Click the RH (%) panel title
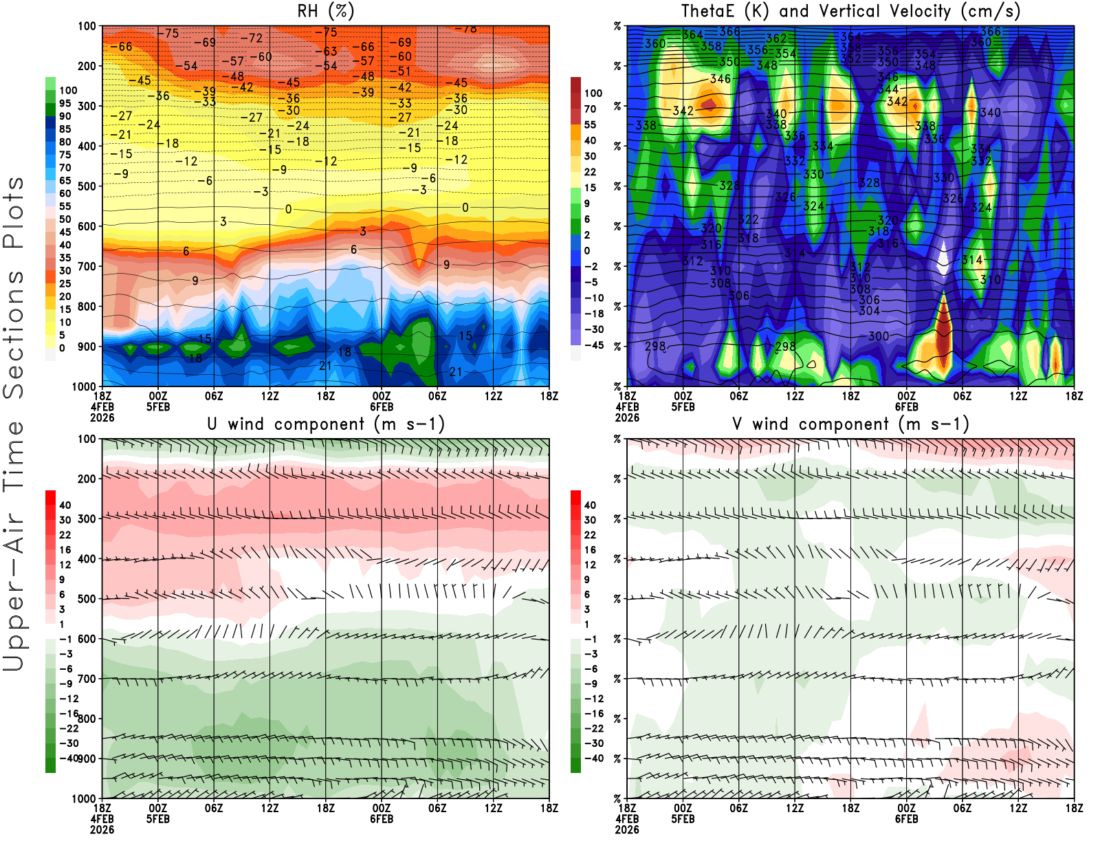click(325, 11)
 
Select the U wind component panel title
click(325, 424)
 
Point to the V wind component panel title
click(850, 424)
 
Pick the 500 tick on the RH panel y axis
click(87, 186)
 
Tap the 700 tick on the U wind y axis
click(87, 679)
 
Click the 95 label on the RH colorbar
click(65, 103)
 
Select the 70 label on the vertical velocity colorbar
click(590, 109)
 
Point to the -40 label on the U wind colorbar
click(68, 758)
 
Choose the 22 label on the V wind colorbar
click(590, 535)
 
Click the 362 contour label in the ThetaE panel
click(776, 39)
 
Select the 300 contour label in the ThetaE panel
click(879, 336)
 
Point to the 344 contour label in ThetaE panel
click(888, 89)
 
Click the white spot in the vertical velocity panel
click(943, 258)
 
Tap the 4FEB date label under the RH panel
click(102, 406)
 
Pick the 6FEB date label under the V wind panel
click(907, 819)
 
